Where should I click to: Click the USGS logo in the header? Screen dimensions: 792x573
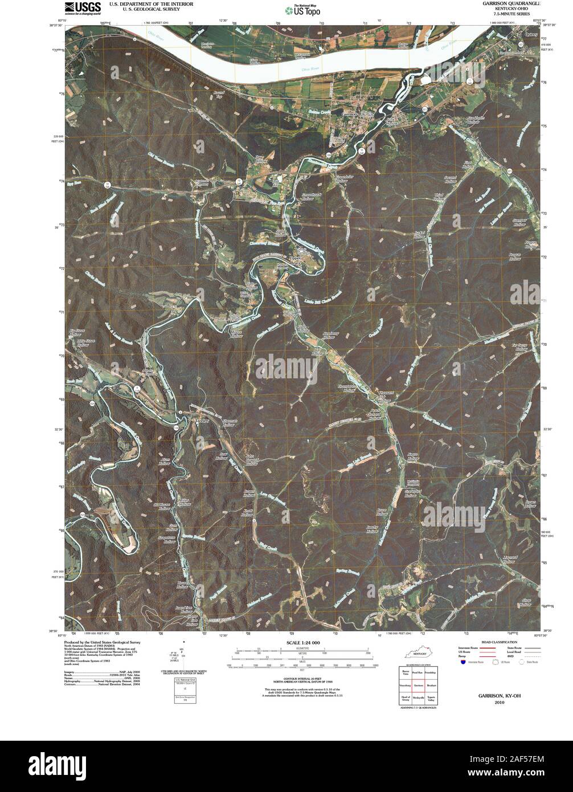click(79, 7)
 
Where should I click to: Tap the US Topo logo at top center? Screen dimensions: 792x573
click(302, 10)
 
